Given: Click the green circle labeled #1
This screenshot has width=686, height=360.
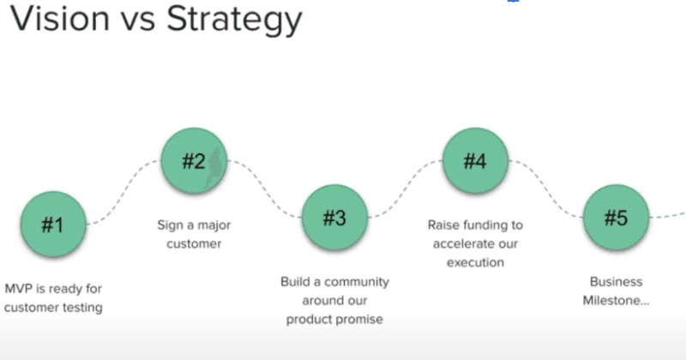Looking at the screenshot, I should pyautogui.click(x=53, y=225).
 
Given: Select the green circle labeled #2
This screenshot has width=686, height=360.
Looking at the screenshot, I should pyautogui.click(x=194, y=160).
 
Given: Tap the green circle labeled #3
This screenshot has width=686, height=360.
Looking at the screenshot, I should pyautogui.click(x=334, y=218).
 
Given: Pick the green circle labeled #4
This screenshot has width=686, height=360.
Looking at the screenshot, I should pyautogui.click(x=475, y=160).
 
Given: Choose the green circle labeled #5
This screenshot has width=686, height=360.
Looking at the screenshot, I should pyautogui.click(x=616, y=218).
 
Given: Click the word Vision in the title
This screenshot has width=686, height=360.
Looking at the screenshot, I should pyautogui.click(x=62, y=21).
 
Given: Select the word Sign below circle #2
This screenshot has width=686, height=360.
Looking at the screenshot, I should pyautogui.click(x=170, y=225).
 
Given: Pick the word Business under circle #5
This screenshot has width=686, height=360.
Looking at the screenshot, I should pyautogui.click(x=616, y=282).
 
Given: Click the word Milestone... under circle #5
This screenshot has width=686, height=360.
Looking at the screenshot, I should pyautogui.click(x=616, y=301).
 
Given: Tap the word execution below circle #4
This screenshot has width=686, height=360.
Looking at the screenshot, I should pyautogui.click(x=475, y=263).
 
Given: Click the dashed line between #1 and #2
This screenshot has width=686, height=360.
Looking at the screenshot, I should pyautogui.click(x=124, y=193).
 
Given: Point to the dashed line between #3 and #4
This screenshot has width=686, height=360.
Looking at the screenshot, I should pyautogui.click(x=405, y=190).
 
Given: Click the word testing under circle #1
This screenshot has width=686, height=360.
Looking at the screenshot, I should pyautogui.click(x=81, y=308).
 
